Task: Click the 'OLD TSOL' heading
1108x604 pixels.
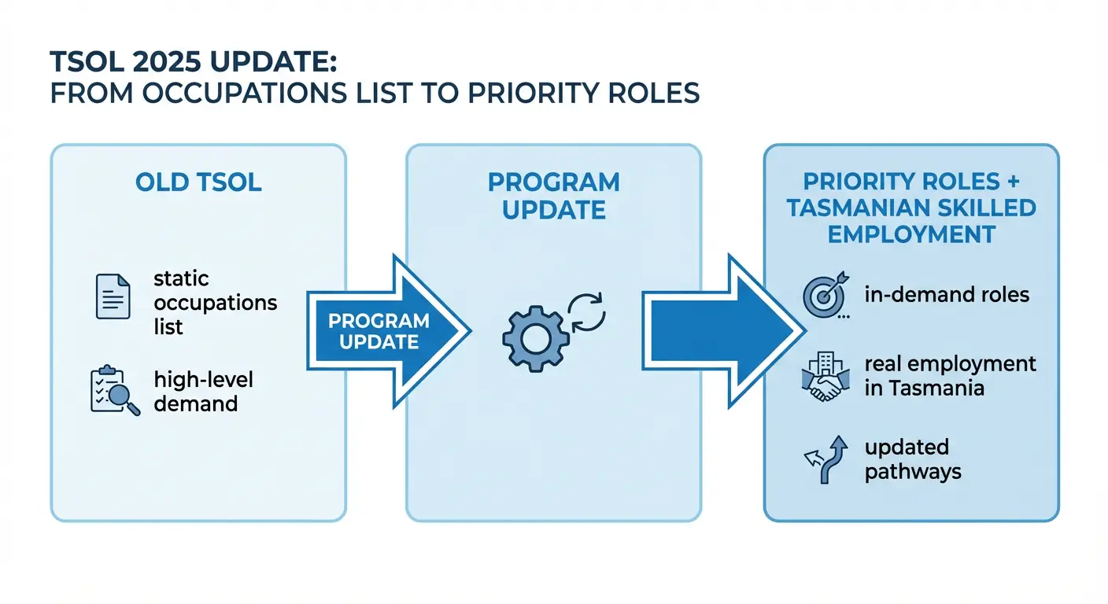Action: (198, 182)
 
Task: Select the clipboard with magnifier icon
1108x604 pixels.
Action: (115, 391)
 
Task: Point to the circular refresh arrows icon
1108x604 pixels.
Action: (586, 311)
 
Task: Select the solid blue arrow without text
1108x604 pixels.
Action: (716, 330)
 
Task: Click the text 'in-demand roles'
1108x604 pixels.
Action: (947, 295)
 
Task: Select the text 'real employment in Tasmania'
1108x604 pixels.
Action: (950, 376)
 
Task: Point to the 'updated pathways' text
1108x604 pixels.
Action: (913, 459)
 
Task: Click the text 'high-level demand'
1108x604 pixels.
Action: (203, 392)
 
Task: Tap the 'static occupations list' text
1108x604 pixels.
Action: (215, 303)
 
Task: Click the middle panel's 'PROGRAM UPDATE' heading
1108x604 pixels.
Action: (553, 196)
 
